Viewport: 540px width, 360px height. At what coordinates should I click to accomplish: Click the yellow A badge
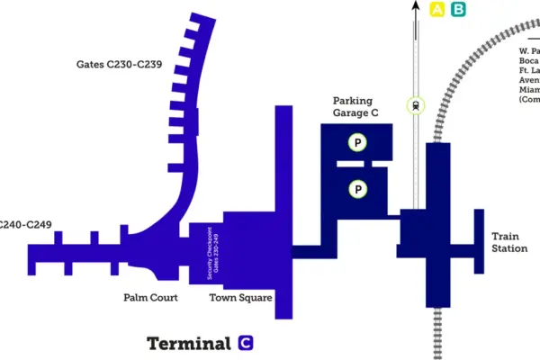click(x=438, y=10)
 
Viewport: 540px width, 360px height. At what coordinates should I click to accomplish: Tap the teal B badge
click(x=458, y=10)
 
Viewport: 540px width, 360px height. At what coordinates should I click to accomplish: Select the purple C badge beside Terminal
click(x=246, y=343)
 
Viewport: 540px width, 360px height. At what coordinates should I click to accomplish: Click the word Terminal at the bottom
click(x=189, y=343)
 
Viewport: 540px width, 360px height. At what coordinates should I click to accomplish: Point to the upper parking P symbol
click(x=357, y=142)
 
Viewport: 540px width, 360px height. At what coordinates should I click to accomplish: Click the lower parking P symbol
click(x=357, y=189)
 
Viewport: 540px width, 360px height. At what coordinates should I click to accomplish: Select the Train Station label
click(x=508, y=242)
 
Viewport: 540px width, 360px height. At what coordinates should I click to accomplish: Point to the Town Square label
click(x=240, y=297)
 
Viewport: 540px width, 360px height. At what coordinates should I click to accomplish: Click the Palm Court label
click(x=150, y=297)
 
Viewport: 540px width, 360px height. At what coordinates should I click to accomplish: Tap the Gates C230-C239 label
click(x=119, y=65)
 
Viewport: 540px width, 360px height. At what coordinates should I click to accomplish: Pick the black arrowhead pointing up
click(x=416, y=6)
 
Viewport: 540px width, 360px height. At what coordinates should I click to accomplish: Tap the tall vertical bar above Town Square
click(x=283, y=211)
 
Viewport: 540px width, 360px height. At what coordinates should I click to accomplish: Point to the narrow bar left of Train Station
click(x=479, y=240)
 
